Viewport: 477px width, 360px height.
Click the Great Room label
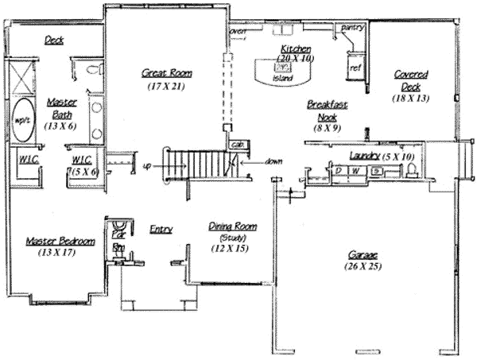coord(167,73)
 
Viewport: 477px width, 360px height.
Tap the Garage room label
coord(363,255)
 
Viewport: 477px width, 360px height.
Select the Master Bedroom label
coord(60,241)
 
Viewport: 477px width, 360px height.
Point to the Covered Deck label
coord(411,80)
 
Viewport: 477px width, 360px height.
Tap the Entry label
coord(161,230)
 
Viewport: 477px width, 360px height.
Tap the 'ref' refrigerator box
coord(355,68)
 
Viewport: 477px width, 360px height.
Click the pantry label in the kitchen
coord(352,28)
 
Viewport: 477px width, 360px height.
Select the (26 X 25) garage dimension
coord(363,267)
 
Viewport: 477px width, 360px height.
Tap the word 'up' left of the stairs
coord(147,167)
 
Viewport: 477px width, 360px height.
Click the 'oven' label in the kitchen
coord(238,32)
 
